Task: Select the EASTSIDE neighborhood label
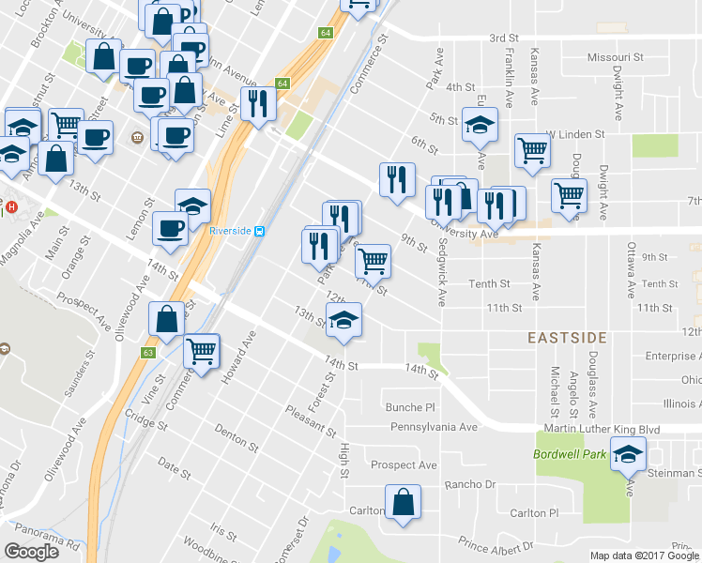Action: click(x=566, y=337)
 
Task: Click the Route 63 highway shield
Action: click(x=148, y=353)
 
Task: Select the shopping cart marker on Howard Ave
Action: click(x=202, y=352)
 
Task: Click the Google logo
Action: click(x=32, y=552)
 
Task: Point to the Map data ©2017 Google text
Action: click(x=644, y=555)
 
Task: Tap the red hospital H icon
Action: click(x=12, y=206)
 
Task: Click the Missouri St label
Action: click(x=616, y=57)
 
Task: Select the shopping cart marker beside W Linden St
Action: click(x=533, y=148)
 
